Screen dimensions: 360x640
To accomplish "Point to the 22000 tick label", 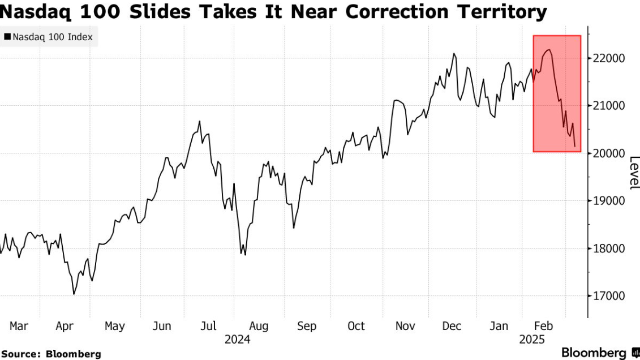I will click(609, 58).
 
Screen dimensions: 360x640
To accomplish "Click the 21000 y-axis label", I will click(609, 106).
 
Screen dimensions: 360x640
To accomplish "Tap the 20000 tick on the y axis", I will click(609, 153).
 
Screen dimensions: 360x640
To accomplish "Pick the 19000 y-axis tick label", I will click(609, 201).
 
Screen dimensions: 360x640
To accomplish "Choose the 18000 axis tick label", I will click(609, 248).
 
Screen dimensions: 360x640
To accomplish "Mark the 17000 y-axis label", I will click(609, 296).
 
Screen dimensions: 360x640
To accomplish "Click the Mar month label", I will click(19, 326).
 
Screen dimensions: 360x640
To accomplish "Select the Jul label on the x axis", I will click(209, 326).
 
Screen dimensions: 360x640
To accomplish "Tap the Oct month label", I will click(356, 326).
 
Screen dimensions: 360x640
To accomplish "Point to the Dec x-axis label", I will click(452, 326).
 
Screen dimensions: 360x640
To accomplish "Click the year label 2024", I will click(238, 340).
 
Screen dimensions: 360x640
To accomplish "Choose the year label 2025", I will click(532, 340).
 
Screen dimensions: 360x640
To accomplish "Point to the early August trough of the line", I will click(245, 255).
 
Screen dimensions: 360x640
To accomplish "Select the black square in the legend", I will click(7, 37).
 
